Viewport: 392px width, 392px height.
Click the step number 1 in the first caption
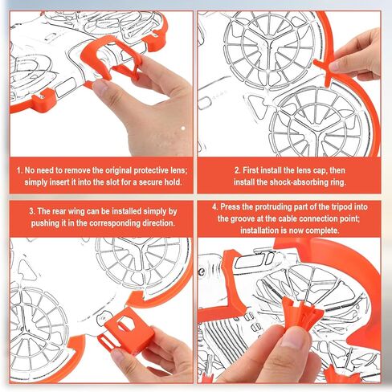[x=19, y=170]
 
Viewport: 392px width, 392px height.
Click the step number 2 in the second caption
[x=237, y=170]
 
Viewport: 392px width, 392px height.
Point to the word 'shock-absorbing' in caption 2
[x=300, y=182]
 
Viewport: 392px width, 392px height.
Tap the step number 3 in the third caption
[x=32, y=211]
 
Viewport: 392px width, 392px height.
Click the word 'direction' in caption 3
[x=158, y=223]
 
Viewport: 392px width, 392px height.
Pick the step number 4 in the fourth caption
[x=215, y=207]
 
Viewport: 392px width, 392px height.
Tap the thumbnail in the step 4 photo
[x=294, y=338]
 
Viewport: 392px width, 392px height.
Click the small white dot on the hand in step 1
[x=183, y=129]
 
